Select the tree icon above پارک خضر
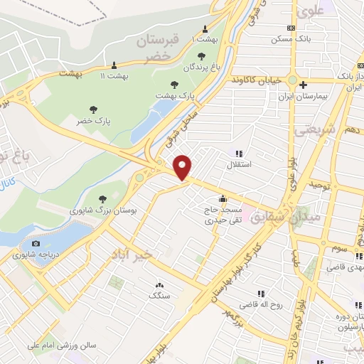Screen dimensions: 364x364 (92, 109)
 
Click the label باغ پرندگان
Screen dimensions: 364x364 (198, 67)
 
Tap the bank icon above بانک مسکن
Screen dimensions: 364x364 (290, 28)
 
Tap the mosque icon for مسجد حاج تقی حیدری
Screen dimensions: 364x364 (223, 199)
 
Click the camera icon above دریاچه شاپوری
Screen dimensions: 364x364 (36, 243)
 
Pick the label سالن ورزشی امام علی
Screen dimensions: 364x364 (57, 346)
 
